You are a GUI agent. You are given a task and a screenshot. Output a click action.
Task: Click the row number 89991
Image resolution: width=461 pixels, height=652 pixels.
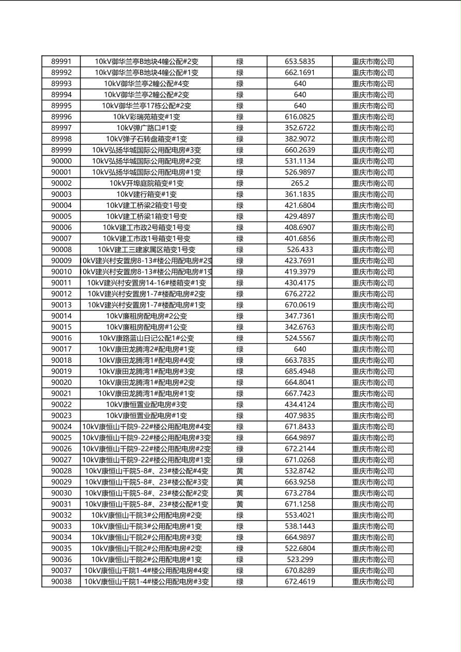click(x=62, y=61)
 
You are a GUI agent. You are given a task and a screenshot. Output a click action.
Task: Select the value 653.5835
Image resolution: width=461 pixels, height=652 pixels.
click(x=300, y=61)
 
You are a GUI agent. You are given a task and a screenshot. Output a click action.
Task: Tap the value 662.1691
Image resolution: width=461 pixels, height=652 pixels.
click(x=300, y=73)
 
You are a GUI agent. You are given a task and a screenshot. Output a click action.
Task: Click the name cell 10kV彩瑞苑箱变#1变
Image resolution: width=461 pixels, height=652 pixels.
click(x=146, y=117)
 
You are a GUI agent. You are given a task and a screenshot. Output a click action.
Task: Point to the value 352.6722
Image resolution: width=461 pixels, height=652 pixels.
click(x=300, y=128)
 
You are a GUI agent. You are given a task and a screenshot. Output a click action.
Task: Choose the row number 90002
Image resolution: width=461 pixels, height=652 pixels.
click(x=62, y=183)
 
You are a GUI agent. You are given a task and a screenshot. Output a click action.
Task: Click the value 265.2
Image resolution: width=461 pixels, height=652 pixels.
click(x=300, y=183)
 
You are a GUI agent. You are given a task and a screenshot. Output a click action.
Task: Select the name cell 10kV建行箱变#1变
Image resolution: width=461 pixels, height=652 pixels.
click(x=146, y=194)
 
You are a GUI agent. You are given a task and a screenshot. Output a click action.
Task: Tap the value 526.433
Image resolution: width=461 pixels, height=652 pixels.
click(x=300, y=250)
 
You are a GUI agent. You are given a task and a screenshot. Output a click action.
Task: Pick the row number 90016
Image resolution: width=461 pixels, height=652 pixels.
click(x=62, y=338)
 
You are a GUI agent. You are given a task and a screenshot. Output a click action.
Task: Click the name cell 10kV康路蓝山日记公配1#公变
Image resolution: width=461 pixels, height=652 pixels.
click(x=146, y=338)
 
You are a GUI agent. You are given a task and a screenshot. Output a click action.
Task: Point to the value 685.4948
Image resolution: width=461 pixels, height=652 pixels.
click(x=300, y=371)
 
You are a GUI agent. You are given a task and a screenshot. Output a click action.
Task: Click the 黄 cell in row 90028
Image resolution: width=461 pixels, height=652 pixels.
click(x=240, y=471)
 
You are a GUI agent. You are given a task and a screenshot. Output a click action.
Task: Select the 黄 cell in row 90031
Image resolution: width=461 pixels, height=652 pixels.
click(x=240, y=504)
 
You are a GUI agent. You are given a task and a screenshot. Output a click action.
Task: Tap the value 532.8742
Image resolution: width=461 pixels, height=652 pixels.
click(x=300, y=471)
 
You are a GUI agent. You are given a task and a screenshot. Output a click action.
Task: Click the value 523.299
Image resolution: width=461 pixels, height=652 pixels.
click(x=300, y=560)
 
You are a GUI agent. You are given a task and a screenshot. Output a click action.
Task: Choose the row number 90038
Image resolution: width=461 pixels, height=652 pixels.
click(x=62, y=582)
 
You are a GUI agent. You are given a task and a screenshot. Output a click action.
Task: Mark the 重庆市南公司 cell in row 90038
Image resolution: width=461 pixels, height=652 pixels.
click(x=373, y=582)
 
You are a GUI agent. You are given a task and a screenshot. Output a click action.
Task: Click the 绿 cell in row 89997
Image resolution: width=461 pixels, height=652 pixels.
click(x=240, y=128)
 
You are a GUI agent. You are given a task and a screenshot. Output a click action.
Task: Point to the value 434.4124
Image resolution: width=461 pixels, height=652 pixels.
click(x=300, y=405)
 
